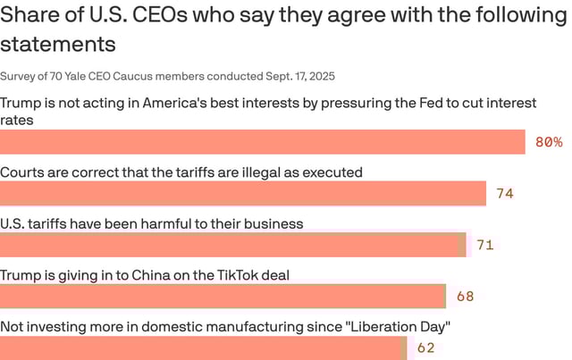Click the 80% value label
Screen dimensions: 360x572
[x=549, y=142]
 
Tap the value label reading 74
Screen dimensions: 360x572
[x=505, y=193]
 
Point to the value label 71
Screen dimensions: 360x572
[x=485, y=245]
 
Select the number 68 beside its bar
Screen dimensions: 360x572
[x=465, y=297]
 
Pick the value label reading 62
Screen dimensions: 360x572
[x=425, y=347]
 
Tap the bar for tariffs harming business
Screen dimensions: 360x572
[x=232, y=245]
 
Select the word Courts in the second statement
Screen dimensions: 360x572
[x=23, y=172]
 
